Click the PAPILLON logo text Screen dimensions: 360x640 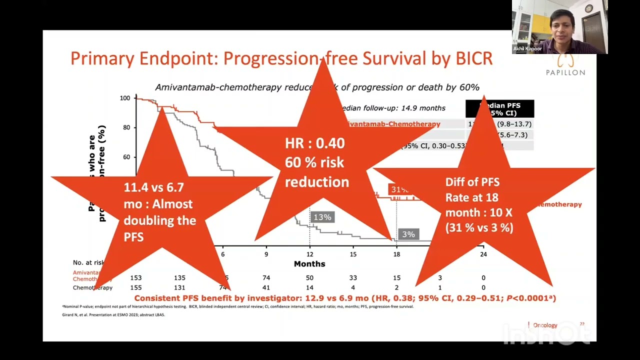point(565,72)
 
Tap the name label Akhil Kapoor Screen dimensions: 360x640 point(527,49)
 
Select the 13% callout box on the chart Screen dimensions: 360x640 point(322,217)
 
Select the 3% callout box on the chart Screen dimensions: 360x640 point(408,234)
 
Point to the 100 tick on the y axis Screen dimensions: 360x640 point(125,98)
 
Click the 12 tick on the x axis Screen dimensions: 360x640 point(309,254)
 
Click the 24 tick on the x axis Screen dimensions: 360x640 point(482,254)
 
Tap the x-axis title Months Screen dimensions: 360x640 point(309,264)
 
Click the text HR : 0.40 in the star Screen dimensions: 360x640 point(315,143)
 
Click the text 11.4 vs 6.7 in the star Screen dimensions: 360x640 point(154,187)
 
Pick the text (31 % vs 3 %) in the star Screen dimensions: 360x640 point(479,227)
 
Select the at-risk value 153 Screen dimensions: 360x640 point(136,278)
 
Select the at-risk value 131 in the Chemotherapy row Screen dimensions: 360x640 point(179,288)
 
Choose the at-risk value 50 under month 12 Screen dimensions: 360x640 point(309,278)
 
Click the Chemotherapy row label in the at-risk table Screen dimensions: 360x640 point(93,288)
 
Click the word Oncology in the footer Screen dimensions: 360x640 point(545,325)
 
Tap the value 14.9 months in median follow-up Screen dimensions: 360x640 point(420,108)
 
